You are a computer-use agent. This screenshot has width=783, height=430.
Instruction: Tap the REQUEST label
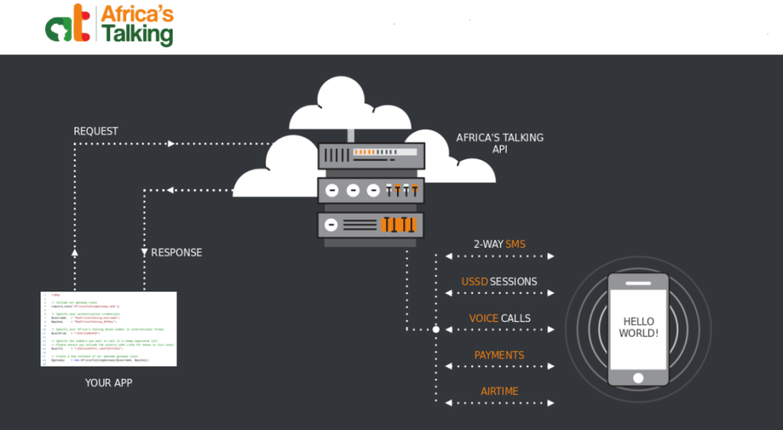tap(96, 131)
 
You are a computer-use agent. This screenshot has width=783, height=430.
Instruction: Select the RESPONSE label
tap(177, 252)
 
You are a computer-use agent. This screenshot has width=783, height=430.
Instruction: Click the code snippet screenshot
tap(109, 328)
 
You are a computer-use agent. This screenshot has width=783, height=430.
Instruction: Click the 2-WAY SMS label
tap(499, 244)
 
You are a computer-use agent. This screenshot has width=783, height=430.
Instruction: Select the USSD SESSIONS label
tap(499, 281)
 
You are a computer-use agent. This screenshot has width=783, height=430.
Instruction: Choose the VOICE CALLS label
tap(499, 318)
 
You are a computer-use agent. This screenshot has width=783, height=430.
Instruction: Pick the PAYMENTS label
tap(499, 354)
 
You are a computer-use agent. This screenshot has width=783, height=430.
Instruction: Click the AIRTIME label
tap(499, 391)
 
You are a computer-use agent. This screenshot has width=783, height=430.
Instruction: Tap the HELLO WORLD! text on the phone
tap(638, 327)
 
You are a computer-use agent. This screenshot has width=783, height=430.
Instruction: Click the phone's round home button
tap(638, 377)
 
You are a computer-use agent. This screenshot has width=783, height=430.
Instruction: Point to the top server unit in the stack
tap(371, 155)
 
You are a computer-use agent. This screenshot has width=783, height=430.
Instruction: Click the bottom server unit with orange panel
tap(371, 224)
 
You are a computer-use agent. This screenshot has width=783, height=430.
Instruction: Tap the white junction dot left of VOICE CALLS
tap(437, 330)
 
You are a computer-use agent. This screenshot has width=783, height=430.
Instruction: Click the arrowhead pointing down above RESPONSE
tap(144, 252)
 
